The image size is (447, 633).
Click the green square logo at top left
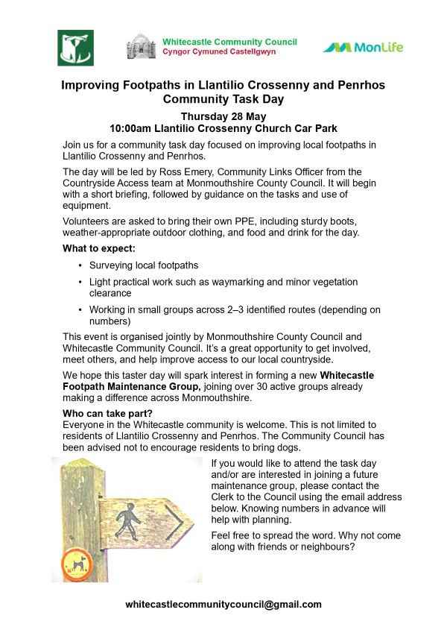point(75,48)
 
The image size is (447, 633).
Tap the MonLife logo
point(363,48)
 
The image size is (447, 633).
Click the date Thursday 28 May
point(223,116)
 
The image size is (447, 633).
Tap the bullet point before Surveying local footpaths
point(80,265)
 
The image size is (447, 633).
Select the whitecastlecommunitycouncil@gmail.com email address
point(223,605)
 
